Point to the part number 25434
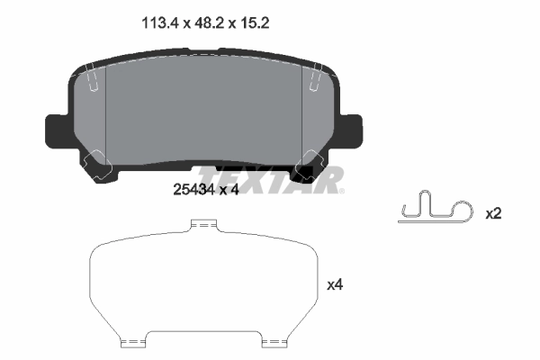coord(192,190)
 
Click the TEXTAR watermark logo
coord(270,179)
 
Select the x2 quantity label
coord(493,214)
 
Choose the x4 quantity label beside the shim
coord(335,285)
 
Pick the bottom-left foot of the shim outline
coord(133,342)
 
